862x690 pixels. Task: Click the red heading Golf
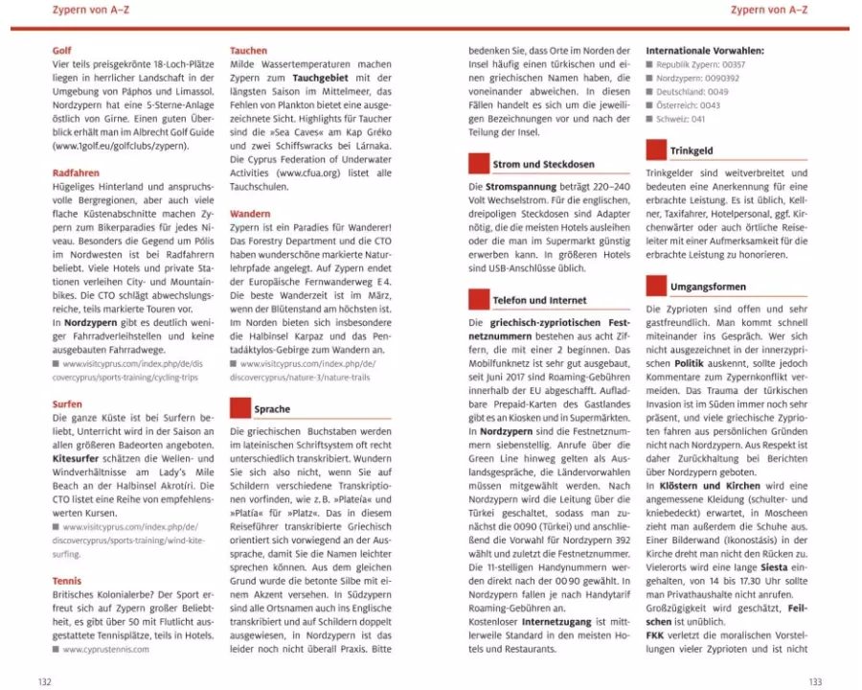click(61, 50)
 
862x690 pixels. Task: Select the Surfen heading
click(67, 404)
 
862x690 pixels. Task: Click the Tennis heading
click(67, 581)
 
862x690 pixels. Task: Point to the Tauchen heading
click(249, 50)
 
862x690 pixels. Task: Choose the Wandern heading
click(250, 214)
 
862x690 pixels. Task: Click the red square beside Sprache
click(239, 408)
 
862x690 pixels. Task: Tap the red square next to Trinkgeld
click(655, 149)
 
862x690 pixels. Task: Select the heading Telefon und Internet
click(539, 300)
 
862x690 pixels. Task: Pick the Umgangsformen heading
click(709, 287)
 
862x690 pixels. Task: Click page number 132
click(44, 681)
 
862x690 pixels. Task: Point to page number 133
click(815, 681)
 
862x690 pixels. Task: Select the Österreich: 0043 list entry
click(688, 105)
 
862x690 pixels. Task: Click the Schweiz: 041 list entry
click(682, 119)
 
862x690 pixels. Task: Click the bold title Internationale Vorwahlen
click(704, 50)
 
